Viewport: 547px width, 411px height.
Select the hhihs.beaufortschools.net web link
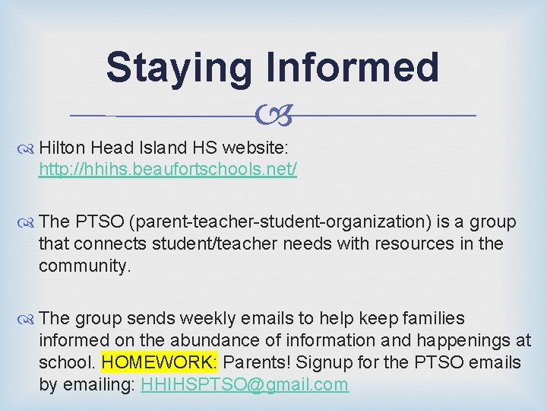point(168,168)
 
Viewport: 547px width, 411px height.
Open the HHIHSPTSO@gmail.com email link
point(245,384)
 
